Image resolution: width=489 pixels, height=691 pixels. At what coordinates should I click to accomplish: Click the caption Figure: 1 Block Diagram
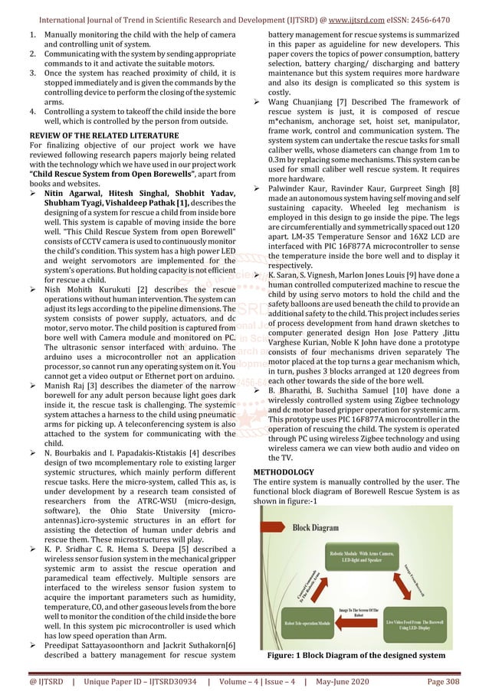pyautogui.click(x=358, y=656)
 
